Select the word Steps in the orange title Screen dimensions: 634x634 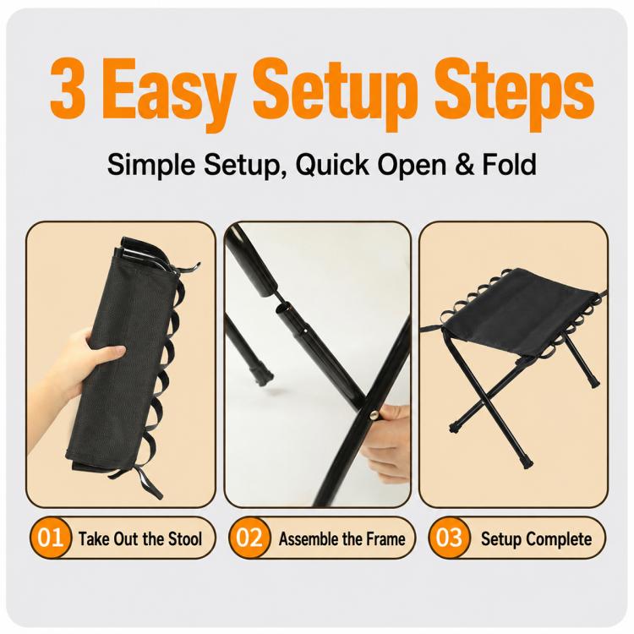514,94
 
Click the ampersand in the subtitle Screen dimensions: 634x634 465,164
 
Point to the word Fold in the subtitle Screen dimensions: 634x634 510,164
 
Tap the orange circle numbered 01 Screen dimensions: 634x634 50,538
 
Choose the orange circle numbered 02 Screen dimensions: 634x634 249,538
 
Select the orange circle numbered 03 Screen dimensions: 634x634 449,538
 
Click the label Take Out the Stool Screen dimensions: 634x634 139,539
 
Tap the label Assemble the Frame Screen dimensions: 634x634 342,539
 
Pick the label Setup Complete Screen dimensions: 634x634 536,539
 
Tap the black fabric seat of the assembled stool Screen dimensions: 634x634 517,311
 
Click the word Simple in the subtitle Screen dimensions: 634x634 150,165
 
